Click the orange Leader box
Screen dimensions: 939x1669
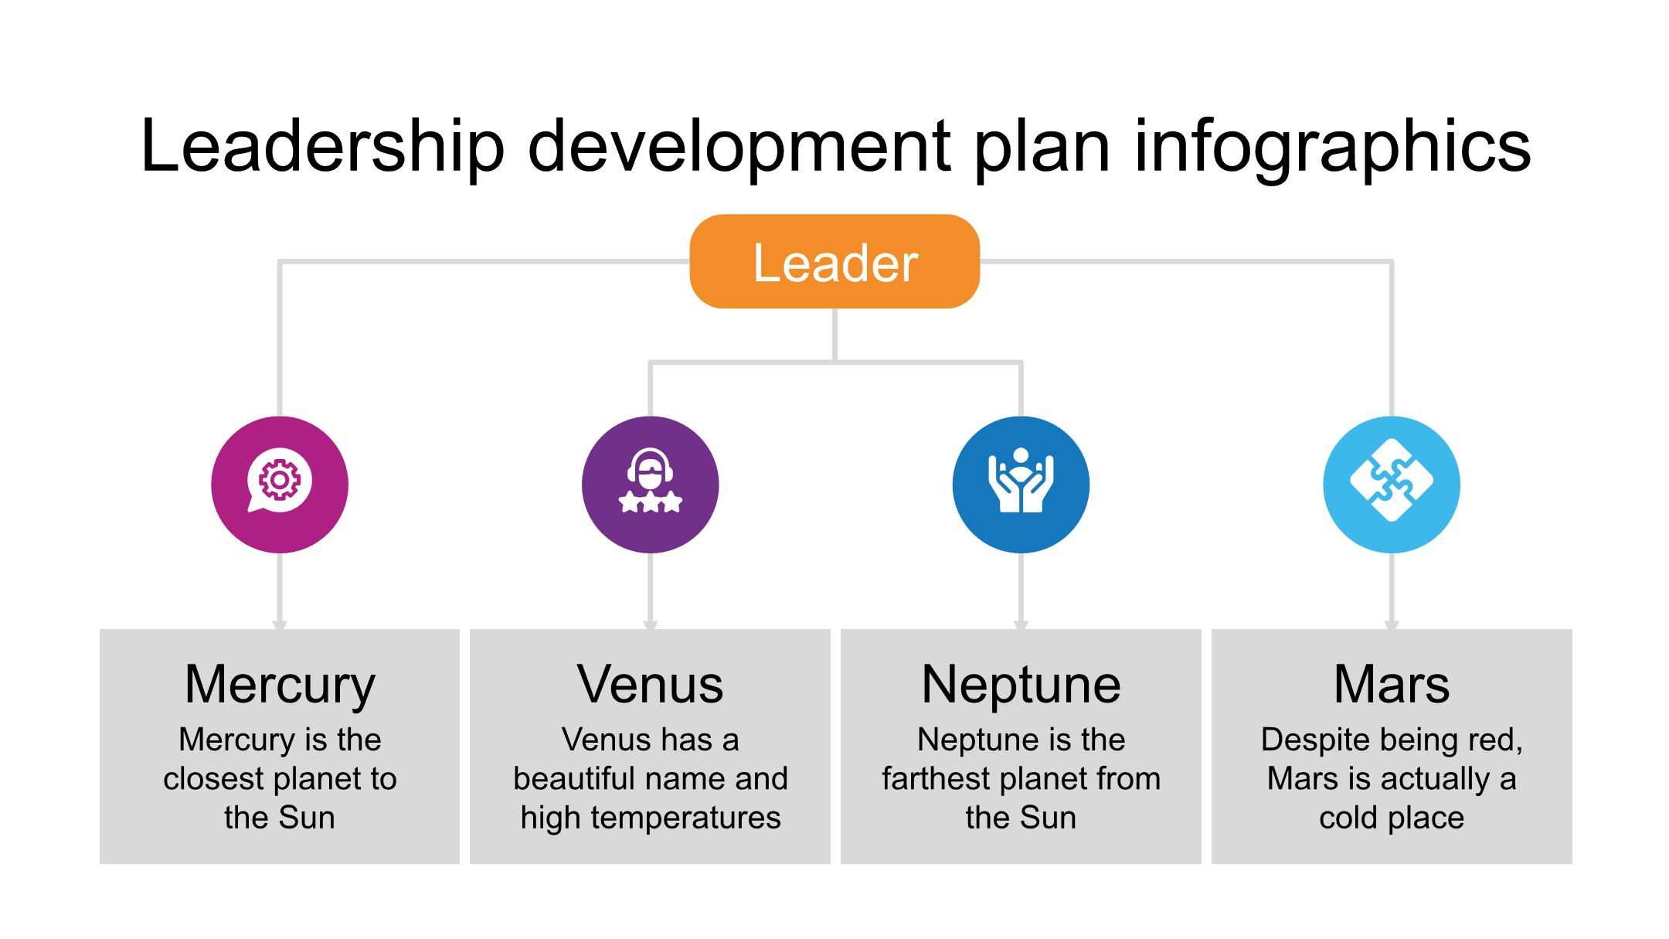[x=834, y=262]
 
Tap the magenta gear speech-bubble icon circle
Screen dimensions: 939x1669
[x=280, y=485]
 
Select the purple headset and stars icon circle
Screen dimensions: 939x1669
[x=650, y=485]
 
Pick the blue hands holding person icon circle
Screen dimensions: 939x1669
[x=1021, y=485]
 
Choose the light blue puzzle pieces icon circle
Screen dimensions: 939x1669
[x=1392, y=485]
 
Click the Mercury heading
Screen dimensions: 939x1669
[x=280, y=685]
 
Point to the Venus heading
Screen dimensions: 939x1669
[x=650, y=685]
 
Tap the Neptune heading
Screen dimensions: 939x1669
[x=1021, y=685]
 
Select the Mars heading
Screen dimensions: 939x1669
[x=1392, y=685]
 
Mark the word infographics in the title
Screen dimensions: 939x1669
[x=1332, y=147]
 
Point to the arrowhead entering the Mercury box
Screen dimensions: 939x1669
[x=280, y=624]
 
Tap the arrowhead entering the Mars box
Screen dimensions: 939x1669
[x=1392, y=624]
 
